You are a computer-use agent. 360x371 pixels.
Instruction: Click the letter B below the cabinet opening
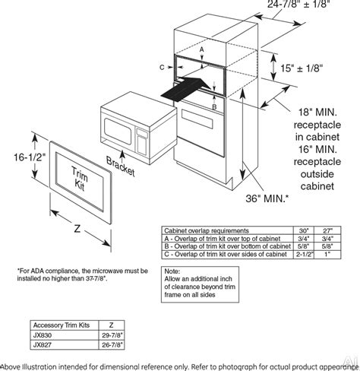click(x=215, y=108)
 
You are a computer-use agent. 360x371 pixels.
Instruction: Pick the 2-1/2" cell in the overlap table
click(x=303, y=254)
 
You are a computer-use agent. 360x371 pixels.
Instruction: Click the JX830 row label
click(x=45, y=333)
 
